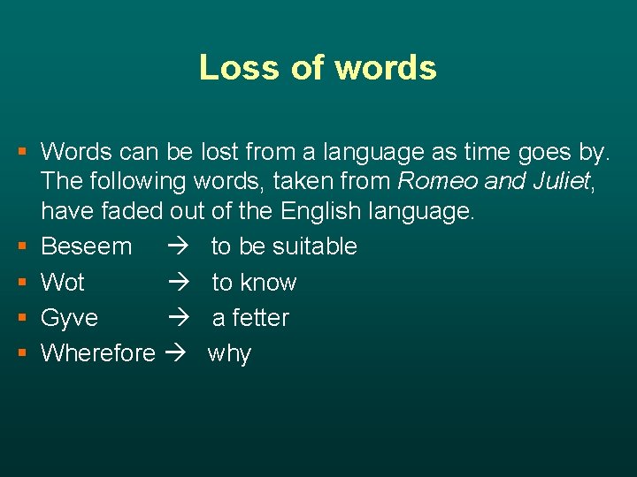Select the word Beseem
[86, 246]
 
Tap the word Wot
[63, 283]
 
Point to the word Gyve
[70, 318]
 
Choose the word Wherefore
[98, 353]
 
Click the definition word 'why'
[229, 354]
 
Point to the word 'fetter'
[260, 318]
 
